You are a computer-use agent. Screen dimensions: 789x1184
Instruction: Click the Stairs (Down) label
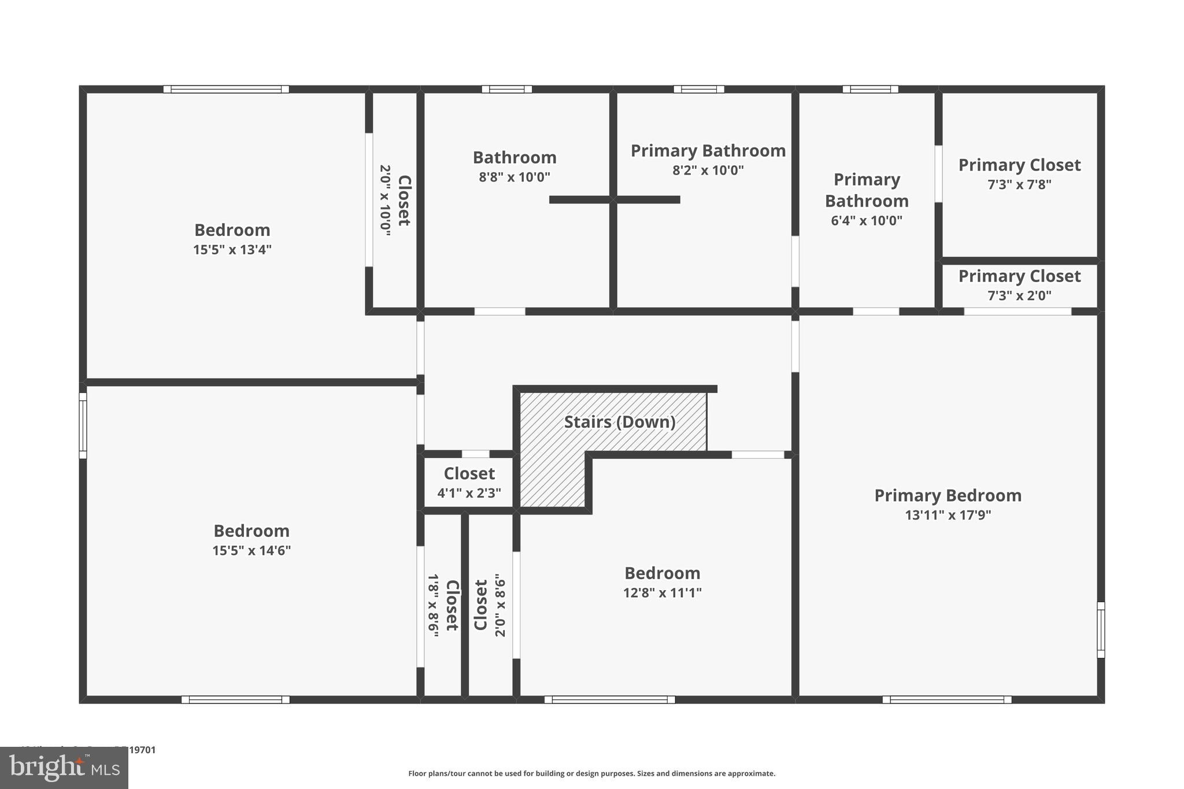click(620, 422)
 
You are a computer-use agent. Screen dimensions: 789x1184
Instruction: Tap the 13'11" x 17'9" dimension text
click(948, 515)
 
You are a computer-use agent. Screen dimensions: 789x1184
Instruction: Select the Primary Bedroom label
click(948, 495)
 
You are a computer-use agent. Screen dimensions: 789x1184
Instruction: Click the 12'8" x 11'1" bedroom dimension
click(662, 592)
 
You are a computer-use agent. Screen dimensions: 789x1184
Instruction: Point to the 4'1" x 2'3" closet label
click(469, 493)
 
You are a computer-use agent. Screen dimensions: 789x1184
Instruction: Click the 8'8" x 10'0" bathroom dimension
click(514, 177)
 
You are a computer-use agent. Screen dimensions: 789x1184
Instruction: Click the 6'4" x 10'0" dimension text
click(866, 220)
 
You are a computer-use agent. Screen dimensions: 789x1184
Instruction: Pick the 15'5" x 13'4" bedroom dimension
click(232, 250)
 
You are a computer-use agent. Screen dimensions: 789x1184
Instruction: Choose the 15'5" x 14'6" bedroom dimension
click(251, 550)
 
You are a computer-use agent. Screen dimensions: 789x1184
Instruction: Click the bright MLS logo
click(64, 768)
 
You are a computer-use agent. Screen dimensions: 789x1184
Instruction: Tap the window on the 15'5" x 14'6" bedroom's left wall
click(83, 425)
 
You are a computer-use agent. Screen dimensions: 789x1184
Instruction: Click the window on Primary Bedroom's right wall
click(1101, 630)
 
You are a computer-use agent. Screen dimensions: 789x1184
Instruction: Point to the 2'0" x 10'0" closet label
click(394, 200)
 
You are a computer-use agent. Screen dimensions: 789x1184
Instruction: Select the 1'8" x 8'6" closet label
click(442, 605)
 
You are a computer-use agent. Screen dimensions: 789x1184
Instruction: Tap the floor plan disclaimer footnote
click(591, 773)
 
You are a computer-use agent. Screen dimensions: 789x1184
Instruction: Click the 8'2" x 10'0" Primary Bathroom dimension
click(708, 170)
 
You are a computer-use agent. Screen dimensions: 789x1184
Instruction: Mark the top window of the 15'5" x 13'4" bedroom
click(226, 89)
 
